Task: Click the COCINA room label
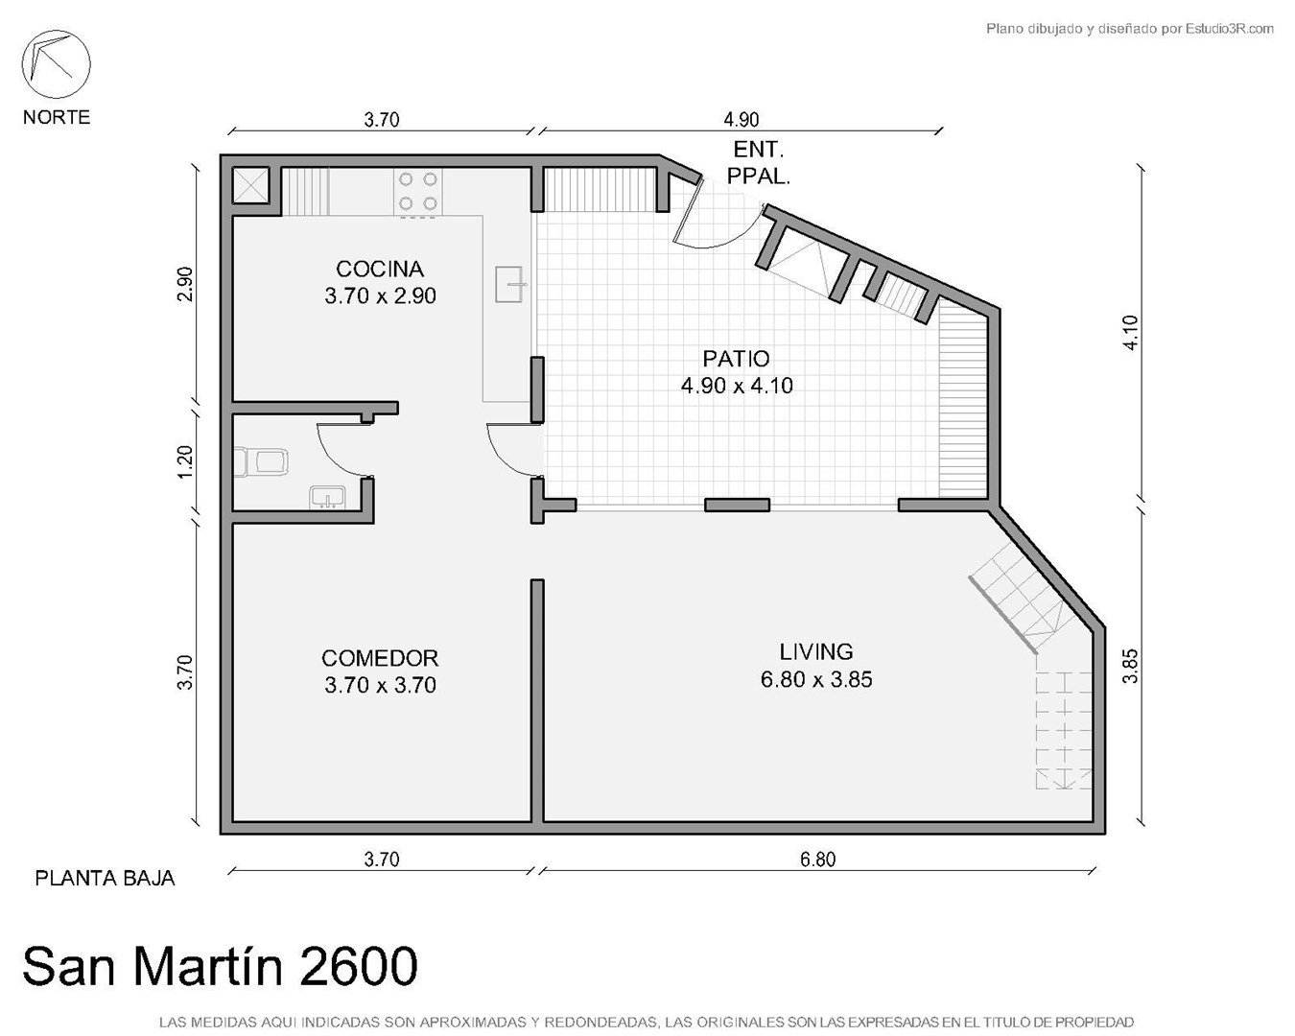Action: tap(380, 270)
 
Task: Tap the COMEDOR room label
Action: tap(380, 659)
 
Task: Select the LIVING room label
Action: tap(816, 652)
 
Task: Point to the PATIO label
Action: tap(736, 360)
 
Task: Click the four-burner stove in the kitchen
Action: tap(418, 192)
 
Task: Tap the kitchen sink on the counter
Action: tap(510, 284)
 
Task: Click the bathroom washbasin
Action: tap(327, 498)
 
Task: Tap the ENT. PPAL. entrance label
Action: tap(758, 162)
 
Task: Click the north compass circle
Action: tap(56, 64)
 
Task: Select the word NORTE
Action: tap(57, 117)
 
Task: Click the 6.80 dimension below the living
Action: tap(818, 859)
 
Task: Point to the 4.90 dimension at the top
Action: tap(741, 120)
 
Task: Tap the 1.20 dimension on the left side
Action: tap(185, 461)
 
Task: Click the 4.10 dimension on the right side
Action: tap(1131, 333)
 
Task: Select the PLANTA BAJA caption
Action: tap(105, 879)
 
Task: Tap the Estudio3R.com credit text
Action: tap(1230, 28)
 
